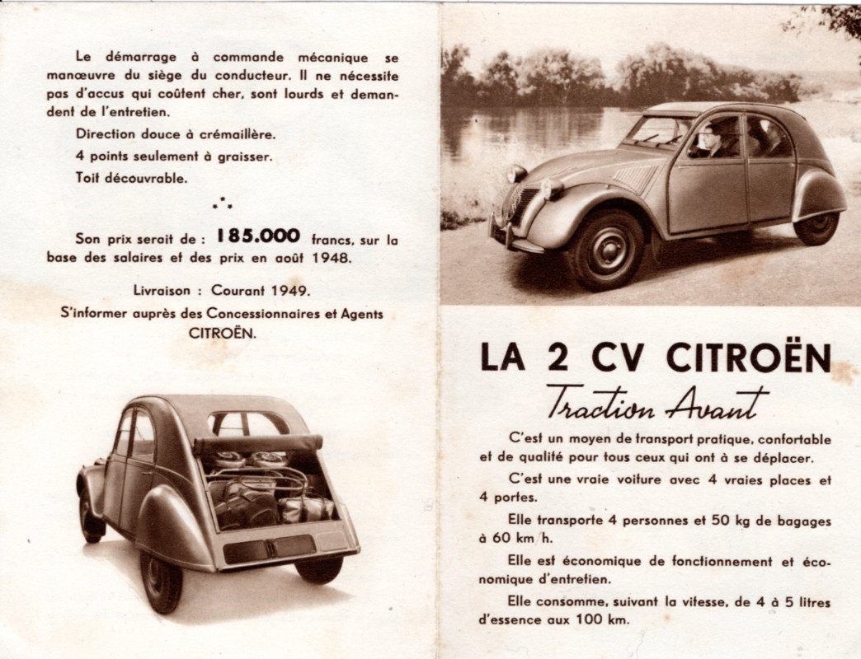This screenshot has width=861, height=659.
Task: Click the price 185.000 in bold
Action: click(258, 236)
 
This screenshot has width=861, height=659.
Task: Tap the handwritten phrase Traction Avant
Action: click(657, 402)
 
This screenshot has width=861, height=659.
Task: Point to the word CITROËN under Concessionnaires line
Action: click(222, 334)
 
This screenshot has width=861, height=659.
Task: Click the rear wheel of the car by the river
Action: click(816, 227)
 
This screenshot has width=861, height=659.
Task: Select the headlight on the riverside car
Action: click(550, 189)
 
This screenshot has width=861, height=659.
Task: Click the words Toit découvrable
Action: click(131, 177)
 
